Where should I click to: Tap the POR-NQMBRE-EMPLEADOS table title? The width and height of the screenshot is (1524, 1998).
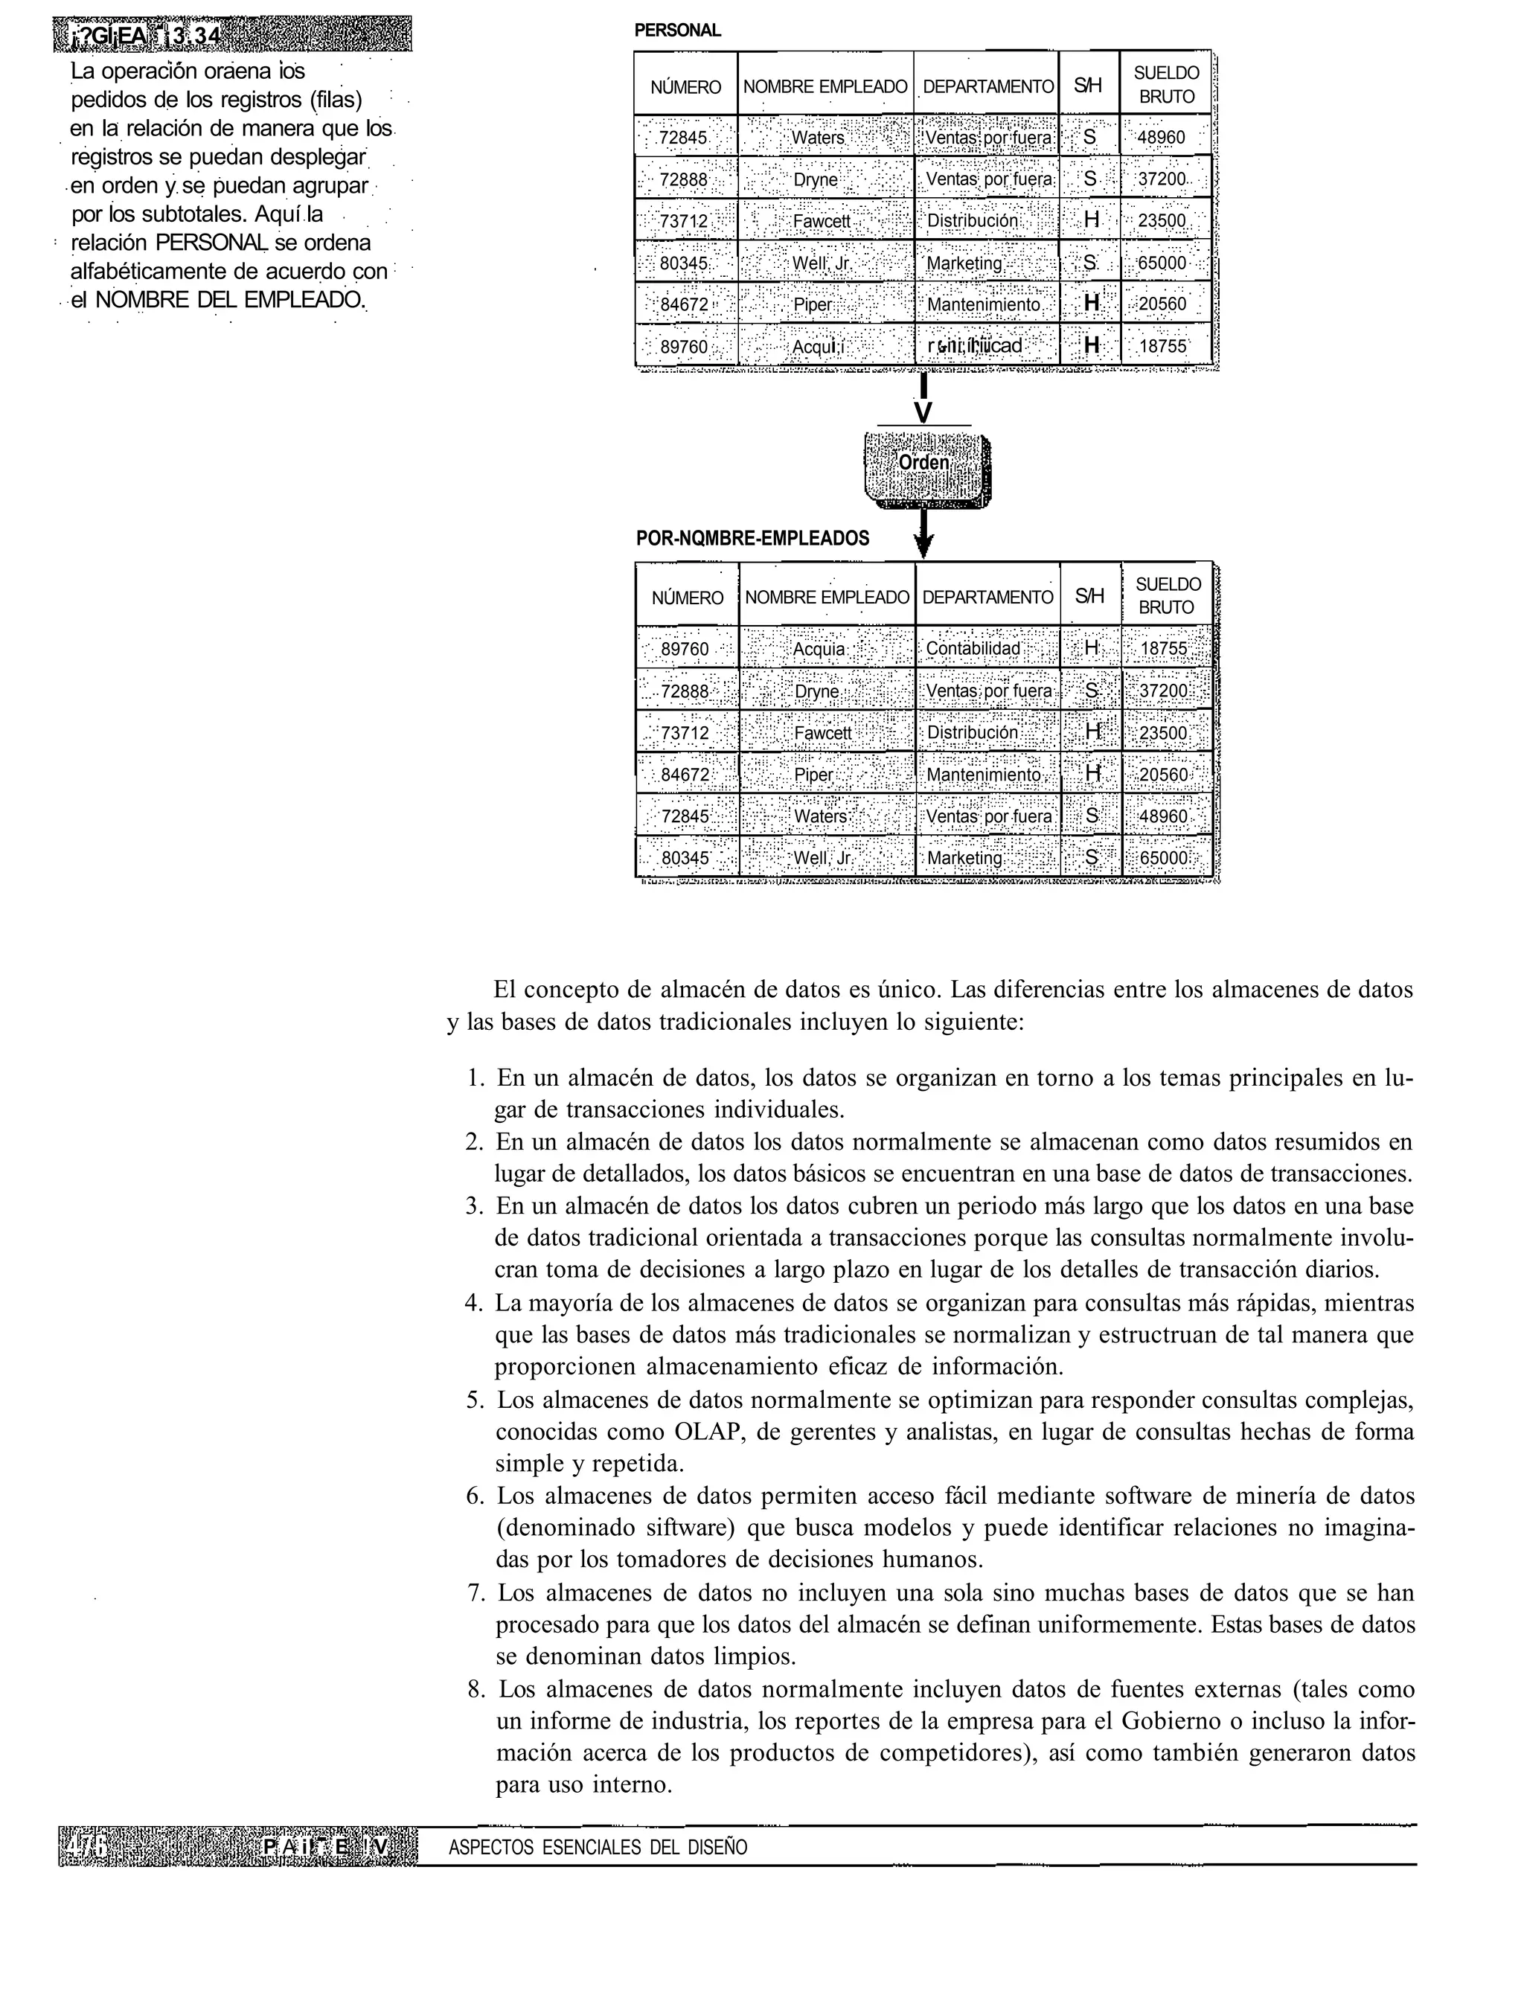point(752,538)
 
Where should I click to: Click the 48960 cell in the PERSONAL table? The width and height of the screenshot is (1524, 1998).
point(1165,137)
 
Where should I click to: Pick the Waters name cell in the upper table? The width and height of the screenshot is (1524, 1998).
point(819,137)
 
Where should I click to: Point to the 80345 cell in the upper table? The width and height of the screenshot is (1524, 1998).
point(683,263)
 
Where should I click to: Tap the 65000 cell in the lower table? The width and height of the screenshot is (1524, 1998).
point(1165,858)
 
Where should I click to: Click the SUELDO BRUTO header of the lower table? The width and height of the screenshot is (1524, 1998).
point(1167,596)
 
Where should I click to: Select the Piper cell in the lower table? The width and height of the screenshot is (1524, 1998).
point(813,775)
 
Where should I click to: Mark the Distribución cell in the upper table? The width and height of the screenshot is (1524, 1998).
point(973,221)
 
